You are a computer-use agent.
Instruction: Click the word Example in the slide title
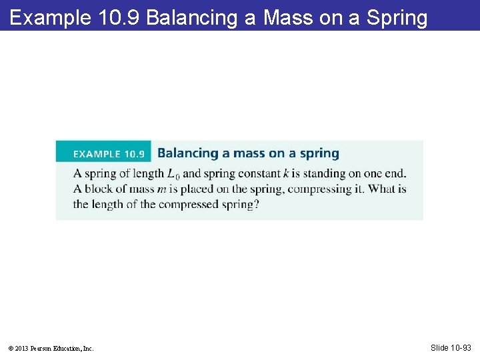[49, 17]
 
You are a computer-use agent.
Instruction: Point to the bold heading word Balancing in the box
[188, 153]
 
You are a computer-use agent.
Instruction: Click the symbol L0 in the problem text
[173, 174]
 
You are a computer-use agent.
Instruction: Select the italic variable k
[285, 173]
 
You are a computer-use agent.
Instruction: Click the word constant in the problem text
[256, 173]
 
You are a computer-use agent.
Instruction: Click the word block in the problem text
[100, 189]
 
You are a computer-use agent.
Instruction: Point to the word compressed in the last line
[189, 204]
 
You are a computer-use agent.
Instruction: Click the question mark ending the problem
[256, 204]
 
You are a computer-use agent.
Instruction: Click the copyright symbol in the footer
[11, 348]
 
